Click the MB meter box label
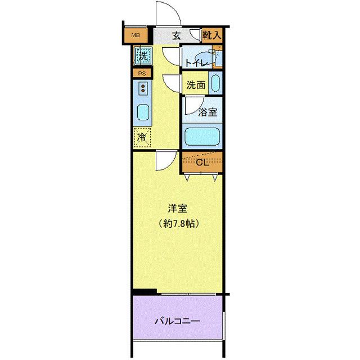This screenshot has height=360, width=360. (x=136, y=35)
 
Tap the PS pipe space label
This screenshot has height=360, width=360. (x=142, y=74)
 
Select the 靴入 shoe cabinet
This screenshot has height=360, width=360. (x=212, y=35)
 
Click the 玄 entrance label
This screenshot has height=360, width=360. (x=176, y=36)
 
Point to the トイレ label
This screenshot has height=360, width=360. (x=196, y=62)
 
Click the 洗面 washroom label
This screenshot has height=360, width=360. (x=196, y=85)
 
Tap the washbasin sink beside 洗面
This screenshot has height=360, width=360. (x=215, y=83)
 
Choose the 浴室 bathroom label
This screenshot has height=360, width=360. (x=208, y=112)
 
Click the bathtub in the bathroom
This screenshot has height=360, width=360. (x=202, y=136)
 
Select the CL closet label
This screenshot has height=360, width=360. (x=202, y=163)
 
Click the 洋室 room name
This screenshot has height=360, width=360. (x=178, y=209)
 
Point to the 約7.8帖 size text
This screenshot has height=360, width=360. (x=178, y=223)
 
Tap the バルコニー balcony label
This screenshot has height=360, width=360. (x=178, y=321)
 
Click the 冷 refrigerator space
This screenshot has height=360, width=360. (x=142, y=137)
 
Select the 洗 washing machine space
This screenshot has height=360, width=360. (x=143, y=56)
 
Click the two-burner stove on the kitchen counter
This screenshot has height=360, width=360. (x=143, y=88)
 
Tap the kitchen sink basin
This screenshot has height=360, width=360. (x=143, y=112)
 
